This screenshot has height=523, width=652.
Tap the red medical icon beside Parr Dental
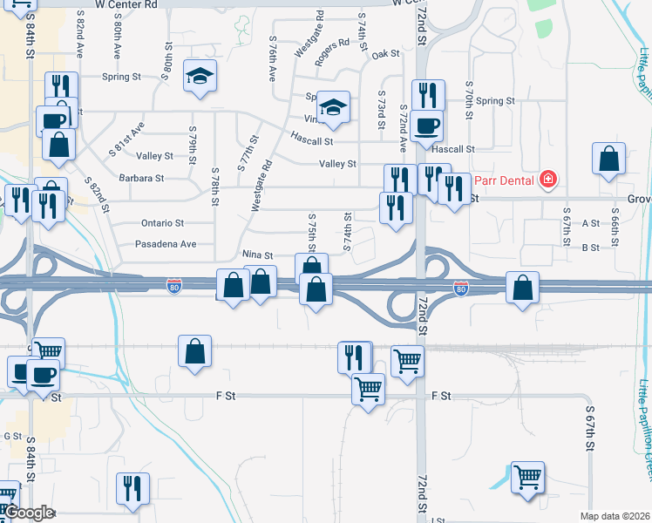pos(547,180)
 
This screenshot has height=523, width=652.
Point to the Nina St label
pos(257,255)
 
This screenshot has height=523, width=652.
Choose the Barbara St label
pos(141,178)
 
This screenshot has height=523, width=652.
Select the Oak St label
pos(385,54)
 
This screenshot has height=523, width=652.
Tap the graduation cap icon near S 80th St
pos(200,76)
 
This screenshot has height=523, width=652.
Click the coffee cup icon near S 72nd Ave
pos(427,125)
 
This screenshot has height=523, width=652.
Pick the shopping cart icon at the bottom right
pos(527,477)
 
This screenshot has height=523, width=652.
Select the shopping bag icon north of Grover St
pos(608,158)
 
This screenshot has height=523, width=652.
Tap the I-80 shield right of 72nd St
pos(461,288)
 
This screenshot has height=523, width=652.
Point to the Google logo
pos(29,513)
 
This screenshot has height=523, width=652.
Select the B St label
pos(590,248)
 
